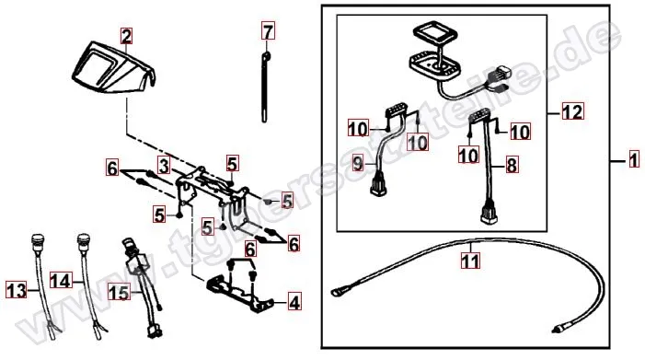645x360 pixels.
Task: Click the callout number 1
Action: (x=633, y=161)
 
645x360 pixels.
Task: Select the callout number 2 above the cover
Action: (x=127, y=37)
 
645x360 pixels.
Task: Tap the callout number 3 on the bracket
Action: (x=162, y=167)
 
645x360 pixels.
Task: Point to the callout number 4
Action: (x=293, y=301)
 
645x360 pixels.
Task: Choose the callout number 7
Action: (x=268, y=33)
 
